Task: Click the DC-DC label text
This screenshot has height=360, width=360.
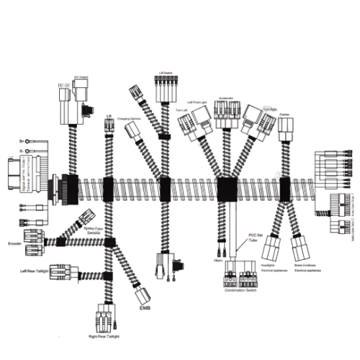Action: click(63, 86)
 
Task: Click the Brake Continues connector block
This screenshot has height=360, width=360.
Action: click(304, 248)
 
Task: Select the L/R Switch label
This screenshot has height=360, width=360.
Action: click(166, 73)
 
